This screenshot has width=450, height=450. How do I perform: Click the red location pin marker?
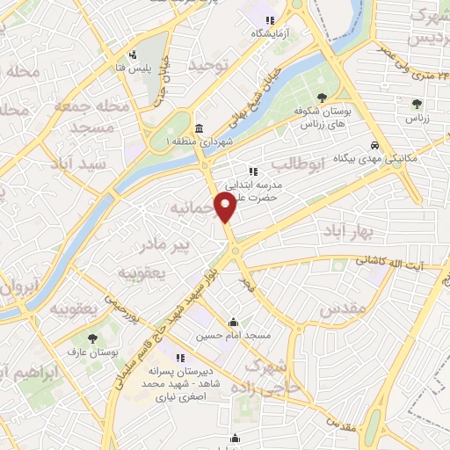(x=226, y=207)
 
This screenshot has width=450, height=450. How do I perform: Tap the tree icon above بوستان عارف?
(x=93, y=337)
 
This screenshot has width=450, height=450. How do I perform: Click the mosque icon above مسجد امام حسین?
(x=233, y=322)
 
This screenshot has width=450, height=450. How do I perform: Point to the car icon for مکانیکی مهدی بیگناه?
(x=374, y=144)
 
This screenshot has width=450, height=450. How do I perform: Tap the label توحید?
(x=211, y=64)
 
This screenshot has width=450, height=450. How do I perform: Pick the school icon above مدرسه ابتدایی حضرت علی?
(x=253, y=171)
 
